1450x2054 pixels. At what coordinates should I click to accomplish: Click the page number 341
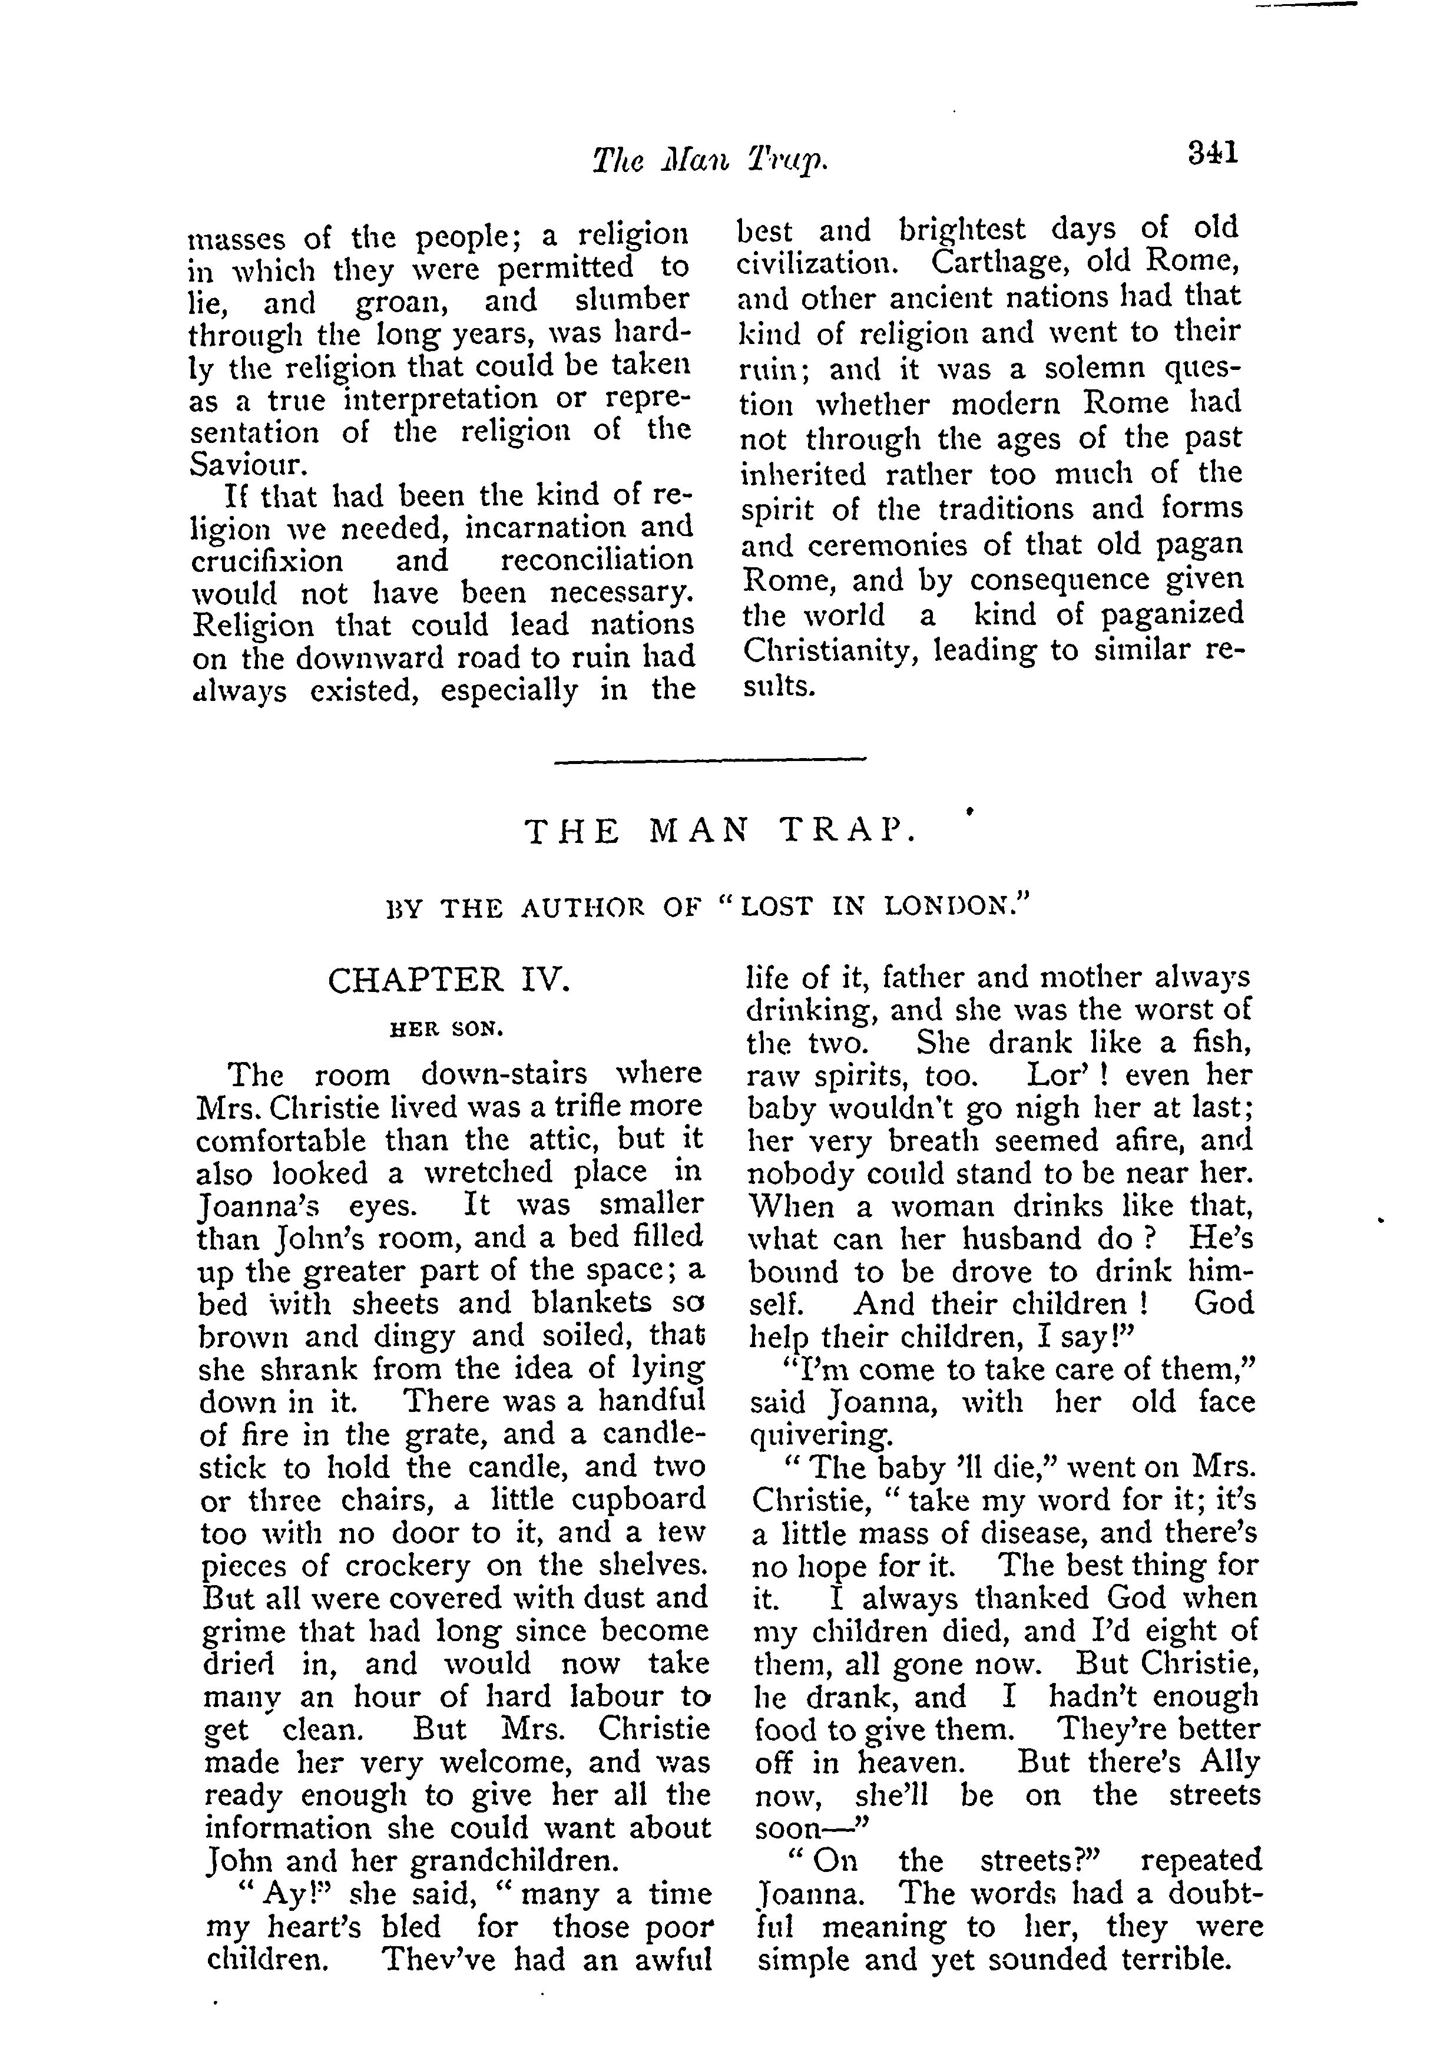point(1212,153)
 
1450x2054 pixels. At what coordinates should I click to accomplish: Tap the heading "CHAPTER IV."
point(448,981)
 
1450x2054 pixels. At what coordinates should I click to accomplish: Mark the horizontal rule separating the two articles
point(711,760)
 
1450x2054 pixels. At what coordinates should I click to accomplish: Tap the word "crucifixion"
point(267,561)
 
